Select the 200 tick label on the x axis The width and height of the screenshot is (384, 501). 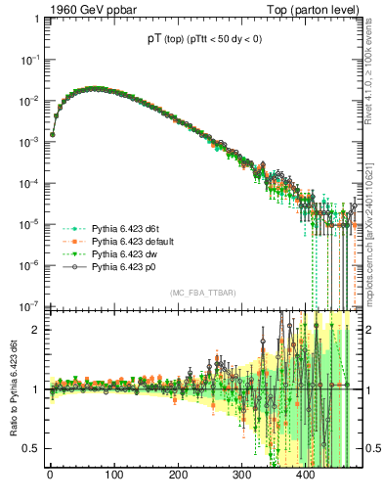178,478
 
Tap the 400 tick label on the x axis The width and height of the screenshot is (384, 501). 305,478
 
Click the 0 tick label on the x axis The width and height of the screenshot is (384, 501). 50,478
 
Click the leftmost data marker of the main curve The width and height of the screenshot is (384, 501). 54,134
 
